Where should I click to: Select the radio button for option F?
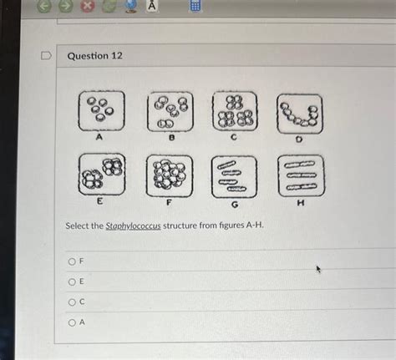(72, 261)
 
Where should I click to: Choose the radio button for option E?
(72, 281)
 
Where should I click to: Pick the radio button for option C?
(72, 302)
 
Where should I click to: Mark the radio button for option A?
(72, 323)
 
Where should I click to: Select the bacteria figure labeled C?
(235, 112)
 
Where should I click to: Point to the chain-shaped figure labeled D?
(299, 114)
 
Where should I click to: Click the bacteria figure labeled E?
(102, 173)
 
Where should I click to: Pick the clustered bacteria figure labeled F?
(169, 175)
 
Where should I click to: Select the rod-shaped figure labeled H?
(300, 175)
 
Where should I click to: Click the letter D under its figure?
(299, 139)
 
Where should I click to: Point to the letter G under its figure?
(235, 204)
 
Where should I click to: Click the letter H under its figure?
(300, 202)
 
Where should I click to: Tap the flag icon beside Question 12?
(48, 55)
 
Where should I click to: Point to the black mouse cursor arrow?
(318, 270)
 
